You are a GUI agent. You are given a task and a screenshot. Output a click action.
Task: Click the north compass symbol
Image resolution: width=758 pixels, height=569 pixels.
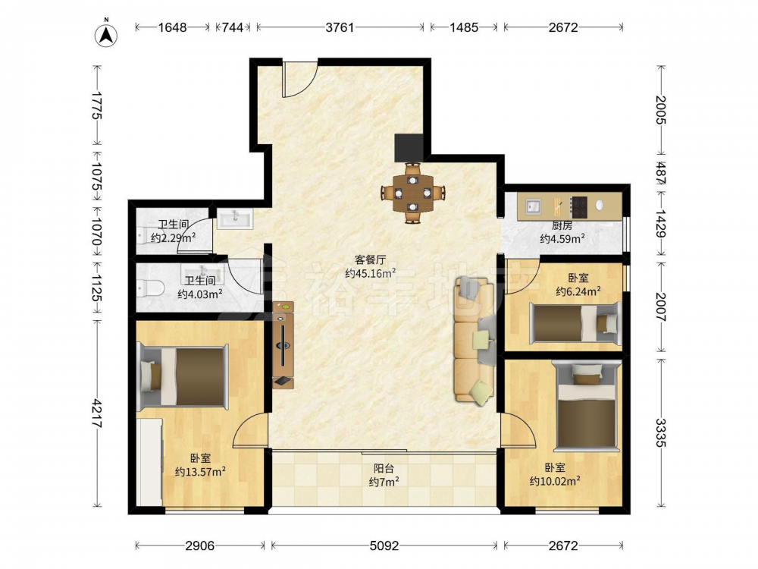[106, 34]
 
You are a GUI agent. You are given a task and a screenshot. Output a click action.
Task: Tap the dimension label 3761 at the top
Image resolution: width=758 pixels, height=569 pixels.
[340, 27]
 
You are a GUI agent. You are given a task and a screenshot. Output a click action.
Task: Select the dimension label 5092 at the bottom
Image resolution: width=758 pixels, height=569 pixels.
[384, 545]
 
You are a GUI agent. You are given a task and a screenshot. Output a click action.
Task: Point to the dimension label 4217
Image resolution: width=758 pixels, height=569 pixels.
[97, 413]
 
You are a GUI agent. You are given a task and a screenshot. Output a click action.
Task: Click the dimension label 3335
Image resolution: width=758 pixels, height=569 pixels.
[660, 432]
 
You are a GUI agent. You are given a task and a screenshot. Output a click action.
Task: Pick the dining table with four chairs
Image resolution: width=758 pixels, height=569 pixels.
[412, 193]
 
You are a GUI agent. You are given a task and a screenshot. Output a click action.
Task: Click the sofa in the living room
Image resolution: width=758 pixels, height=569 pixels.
[475, 340]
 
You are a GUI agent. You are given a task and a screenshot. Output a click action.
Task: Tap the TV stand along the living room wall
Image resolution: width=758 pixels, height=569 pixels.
[283, 344]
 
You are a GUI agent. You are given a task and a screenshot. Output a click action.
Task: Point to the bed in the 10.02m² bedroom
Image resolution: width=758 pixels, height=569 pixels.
[587, 406]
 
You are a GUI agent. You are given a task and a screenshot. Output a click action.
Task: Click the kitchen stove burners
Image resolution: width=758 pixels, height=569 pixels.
[578, 206]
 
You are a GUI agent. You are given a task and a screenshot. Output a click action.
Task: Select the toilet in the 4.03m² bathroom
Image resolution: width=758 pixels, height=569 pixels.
[150, 288]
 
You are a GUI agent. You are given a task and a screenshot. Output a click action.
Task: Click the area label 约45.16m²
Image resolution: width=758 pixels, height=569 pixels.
[371, 273]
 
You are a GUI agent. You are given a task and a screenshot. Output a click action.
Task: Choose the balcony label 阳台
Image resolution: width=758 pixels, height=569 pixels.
[384, 468]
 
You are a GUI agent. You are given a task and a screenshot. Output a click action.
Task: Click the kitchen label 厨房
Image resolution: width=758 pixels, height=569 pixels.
[562, 225]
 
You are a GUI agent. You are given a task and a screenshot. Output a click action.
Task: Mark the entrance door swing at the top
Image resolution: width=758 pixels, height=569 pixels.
[299, 80]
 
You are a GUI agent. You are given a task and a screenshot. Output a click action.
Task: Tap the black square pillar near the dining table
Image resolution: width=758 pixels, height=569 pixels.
[409, 148]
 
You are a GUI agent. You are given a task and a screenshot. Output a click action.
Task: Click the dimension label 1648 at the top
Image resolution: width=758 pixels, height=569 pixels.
[173, 27]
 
